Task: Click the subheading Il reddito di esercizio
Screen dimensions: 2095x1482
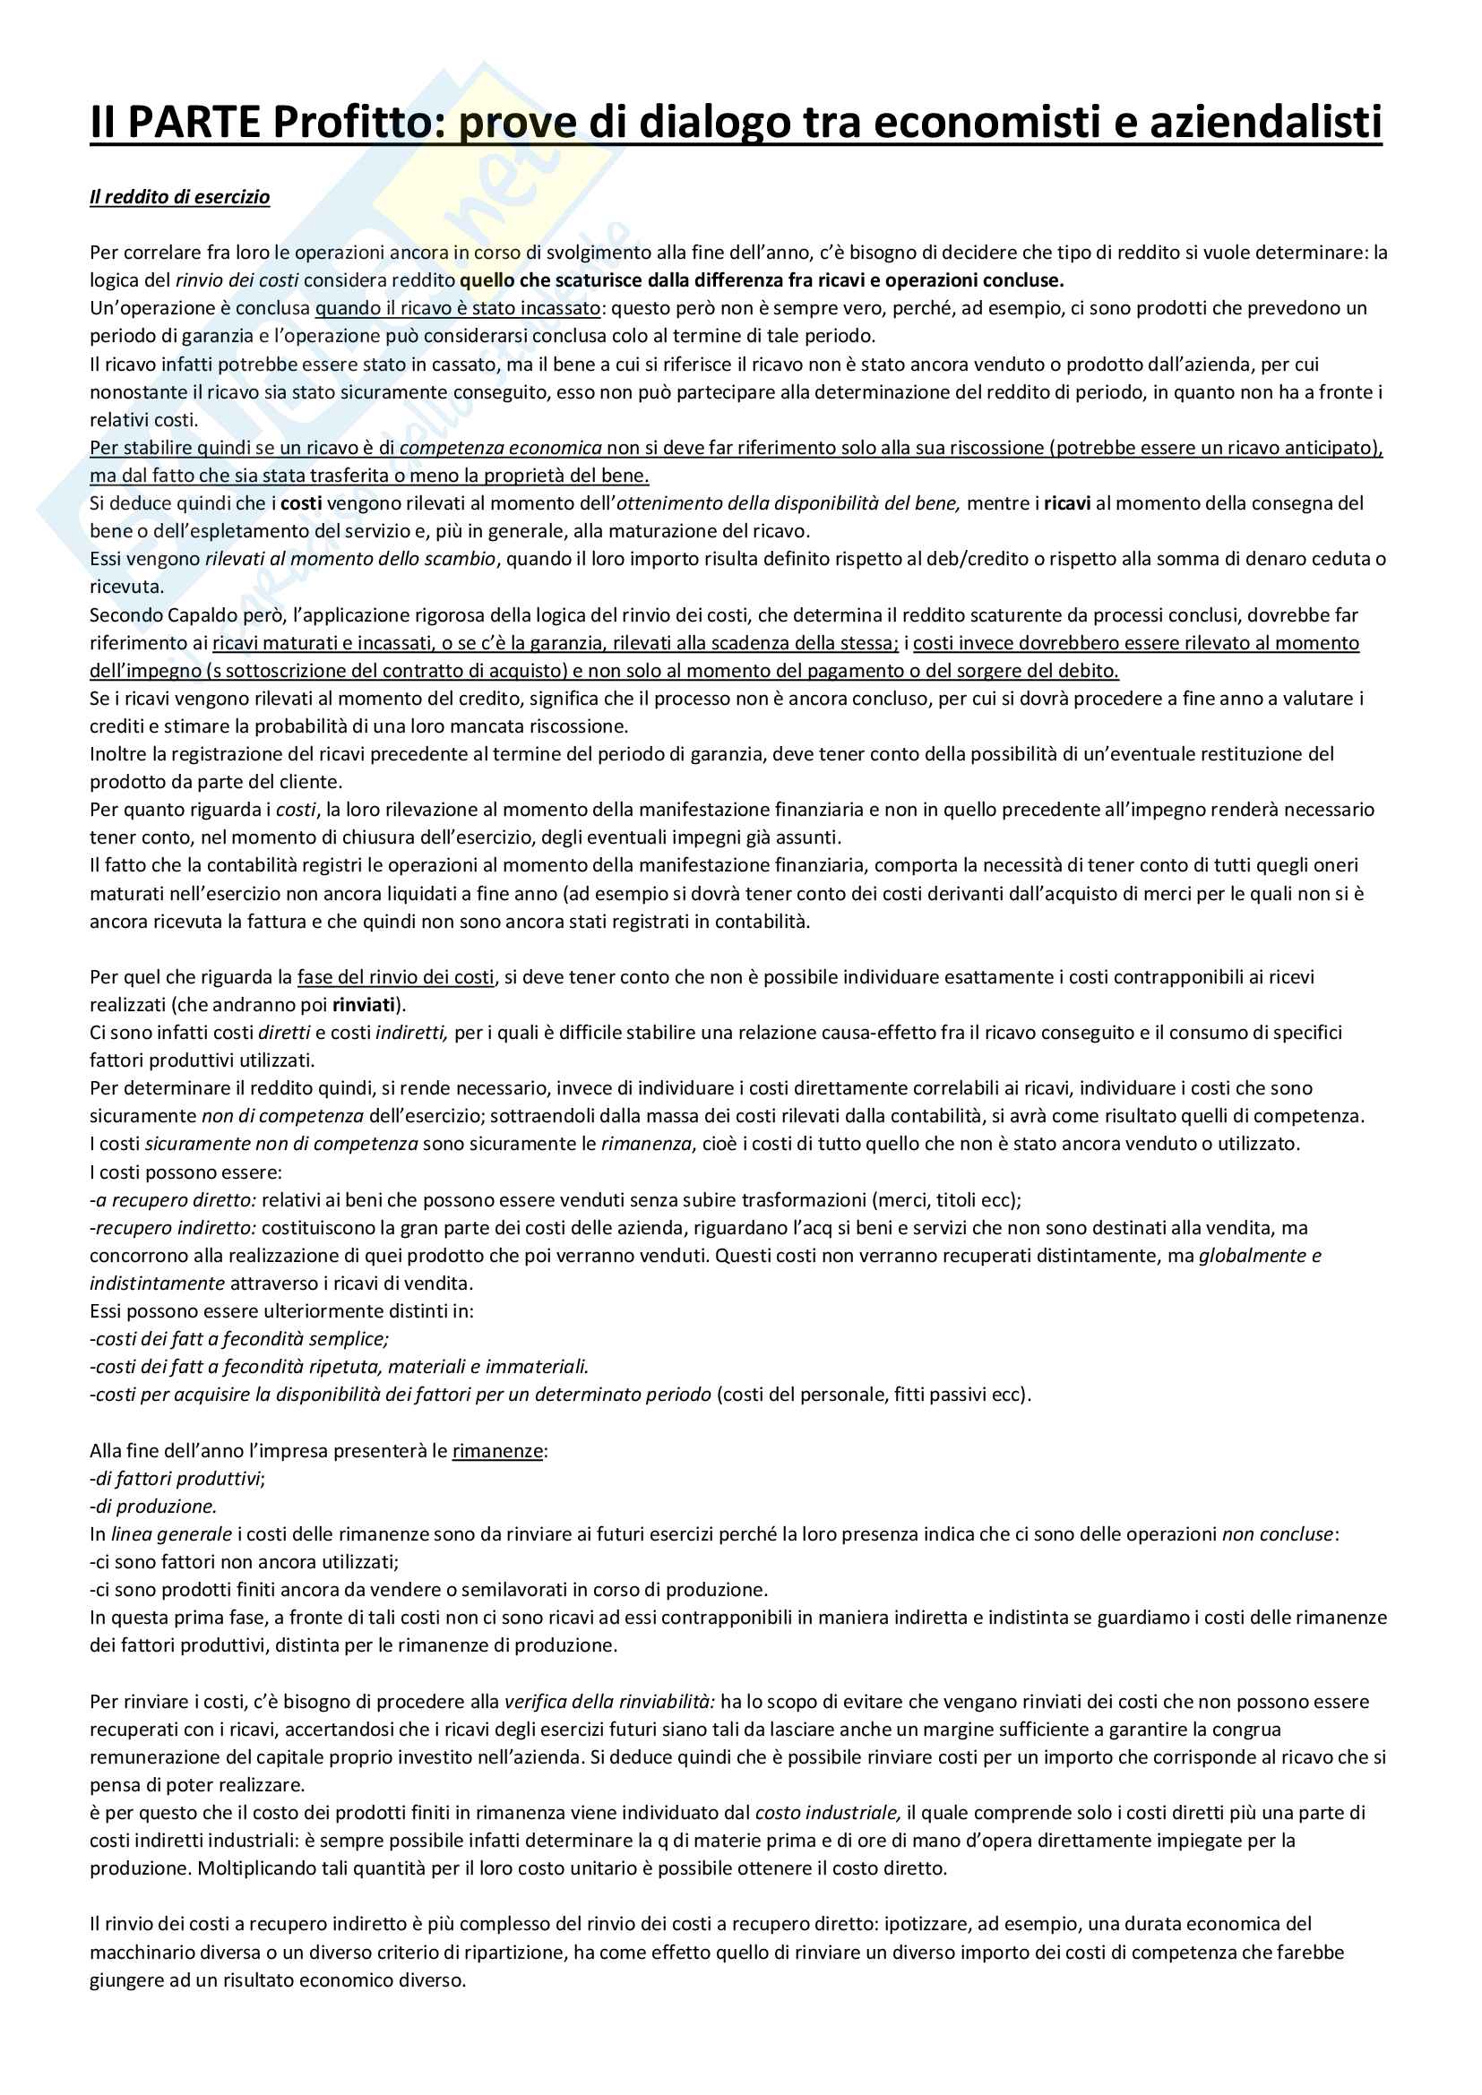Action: tap(180, 197)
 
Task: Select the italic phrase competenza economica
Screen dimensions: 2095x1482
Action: tap(501, 448)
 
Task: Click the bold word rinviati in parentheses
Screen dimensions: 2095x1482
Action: tap(364, 1006)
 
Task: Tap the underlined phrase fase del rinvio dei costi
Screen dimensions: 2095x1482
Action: tap(395, 977)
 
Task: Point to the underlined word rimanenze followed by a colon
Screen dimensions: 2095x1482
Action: tap(497, 1451)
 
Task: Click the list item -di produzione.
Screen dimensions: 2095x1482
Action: tap(152, 1507)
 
